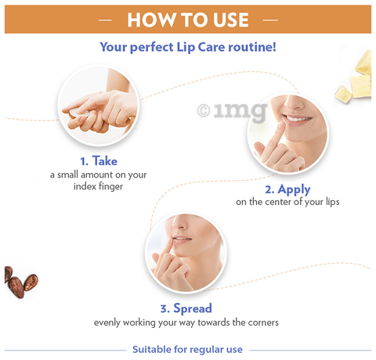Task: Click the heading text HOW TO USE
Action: click(187, 19)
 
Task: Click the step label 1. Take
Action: click(99, 160)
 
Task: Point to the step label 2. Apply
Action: click(287, 189)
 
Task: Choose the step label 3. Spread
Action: click(186, 308)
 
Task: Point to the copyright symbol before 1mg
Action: click(203, 111)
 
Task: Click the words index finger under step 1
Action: click(99, 186)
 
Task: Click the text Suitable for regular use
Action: click(187, 349)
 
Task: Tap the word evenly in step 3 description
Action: click(110, 322)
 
